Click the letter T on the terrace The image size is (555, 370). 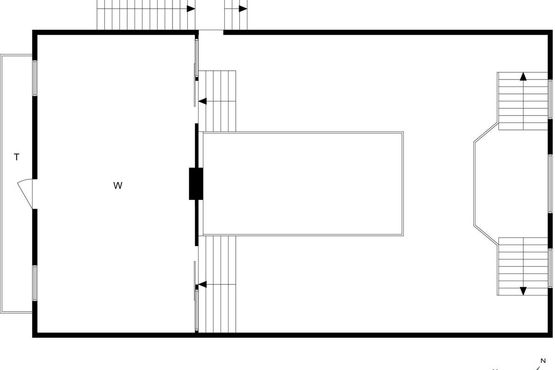point(17,157)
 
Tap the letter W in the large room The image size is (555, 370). point(118,186)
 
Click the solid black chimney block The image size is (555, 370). point(196,184)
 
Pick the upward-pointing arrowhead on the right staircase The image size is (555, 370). point(523,77)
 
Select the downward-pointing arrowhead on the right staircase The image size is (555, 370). point(523,291)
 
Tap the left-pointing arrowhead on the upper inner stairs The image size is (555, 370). point(203,101)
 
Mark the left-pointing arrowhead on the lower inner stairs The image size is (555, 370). point(203,284)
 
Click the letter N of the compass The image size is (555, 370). point(543,361)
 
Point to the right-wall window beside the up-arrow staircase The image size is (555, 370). point(550,99)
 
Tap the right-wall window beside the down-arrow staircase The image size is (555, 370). point(550,268)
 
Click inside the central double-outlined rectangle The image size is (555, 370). point(303,184)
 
